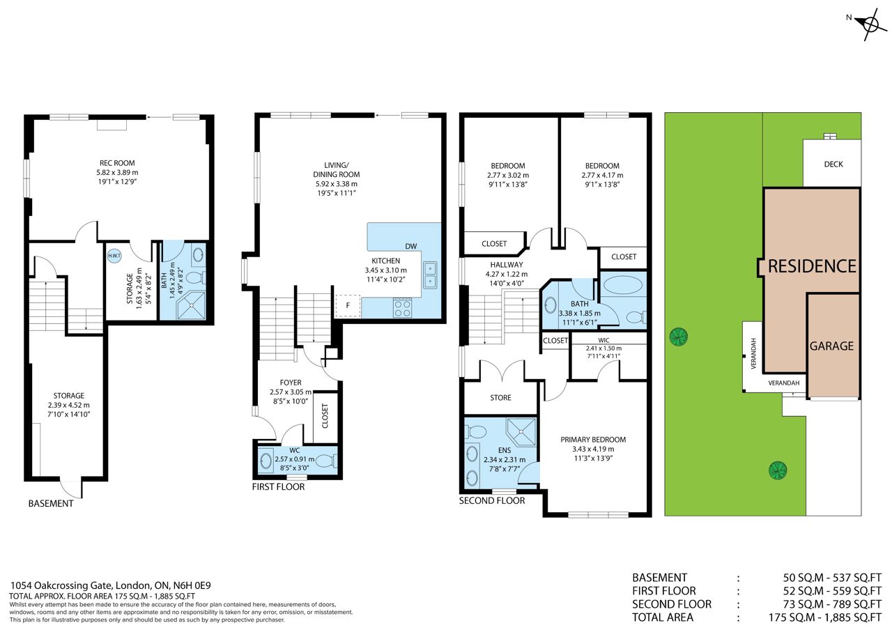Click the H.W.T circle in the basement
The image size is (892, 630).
click(x=114, y=255)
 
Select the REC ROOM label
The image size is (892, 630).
click(x=117, y=163)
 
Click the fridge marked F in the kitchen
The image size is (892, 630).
click(x=348, y=306)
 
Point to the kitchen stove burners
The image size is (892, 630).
click(x=402, y=308)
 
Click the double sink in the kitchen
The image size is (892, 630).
click(x=430, y=275)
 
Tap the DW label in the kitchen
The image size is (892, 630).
click(x=411, y=246)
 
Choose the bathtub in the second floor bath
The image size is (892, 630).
click(x=623, y=285)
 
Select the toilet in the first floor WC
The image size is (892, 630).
click(x=328, y=461)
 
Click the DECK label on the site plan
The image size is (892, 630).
click(x=833, y=164)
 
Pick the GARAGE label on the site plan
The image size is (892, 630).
click(x=831, y=346)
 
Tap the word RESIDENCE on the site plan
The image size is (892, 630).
click(x=812, y=266)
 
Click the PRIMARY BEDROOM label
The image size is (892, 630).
click(x=593, y=440)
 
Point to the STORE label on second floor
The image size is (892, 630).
click(x=500, y=397)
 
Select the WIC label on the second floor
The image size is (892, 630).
click(x=603, y=341)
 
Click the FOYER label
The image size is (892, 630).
click(x=291, y=383)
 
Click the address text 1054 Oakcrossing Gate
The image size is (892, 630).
click(x=62, y=585)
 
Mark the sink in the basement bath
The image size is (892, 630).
click(x=198, y=254)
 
